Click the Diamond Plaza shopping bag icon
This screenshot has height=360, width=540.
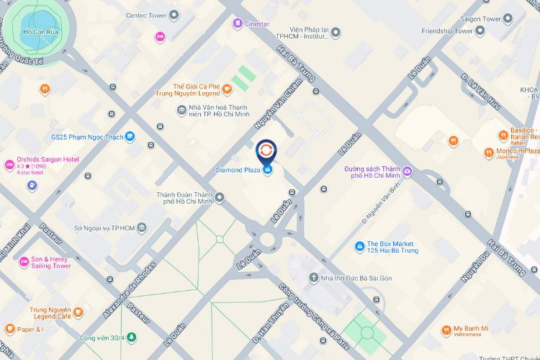pyautogui.click(x=267, y=169)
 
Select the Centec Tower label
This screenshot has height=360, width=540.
pyautogui.click(x=146, y=15)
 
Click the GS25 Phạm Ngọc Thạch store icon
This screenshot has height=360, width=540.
pyautogui.click(x=129, y=135)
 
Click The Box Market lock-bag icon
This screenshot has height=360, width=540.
pyautogui.click(x=359, y=246)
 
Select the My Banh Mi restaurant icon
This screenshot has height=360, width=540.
pyautogui.click(x=446, y=330)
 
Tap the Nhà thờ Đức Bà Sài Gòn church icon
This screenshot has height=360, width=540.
pyautogui.click(x=314, y=277)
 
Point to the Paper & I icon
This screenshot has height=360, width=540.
pyautogui.click(x=9, y=329)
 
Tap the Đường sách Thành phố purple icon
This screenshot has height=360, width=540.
pyautogui.click(x=408, y=171)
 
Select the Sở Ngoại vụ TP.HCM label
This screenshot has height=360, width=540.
pyautogui.click(x=104, y=228)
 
